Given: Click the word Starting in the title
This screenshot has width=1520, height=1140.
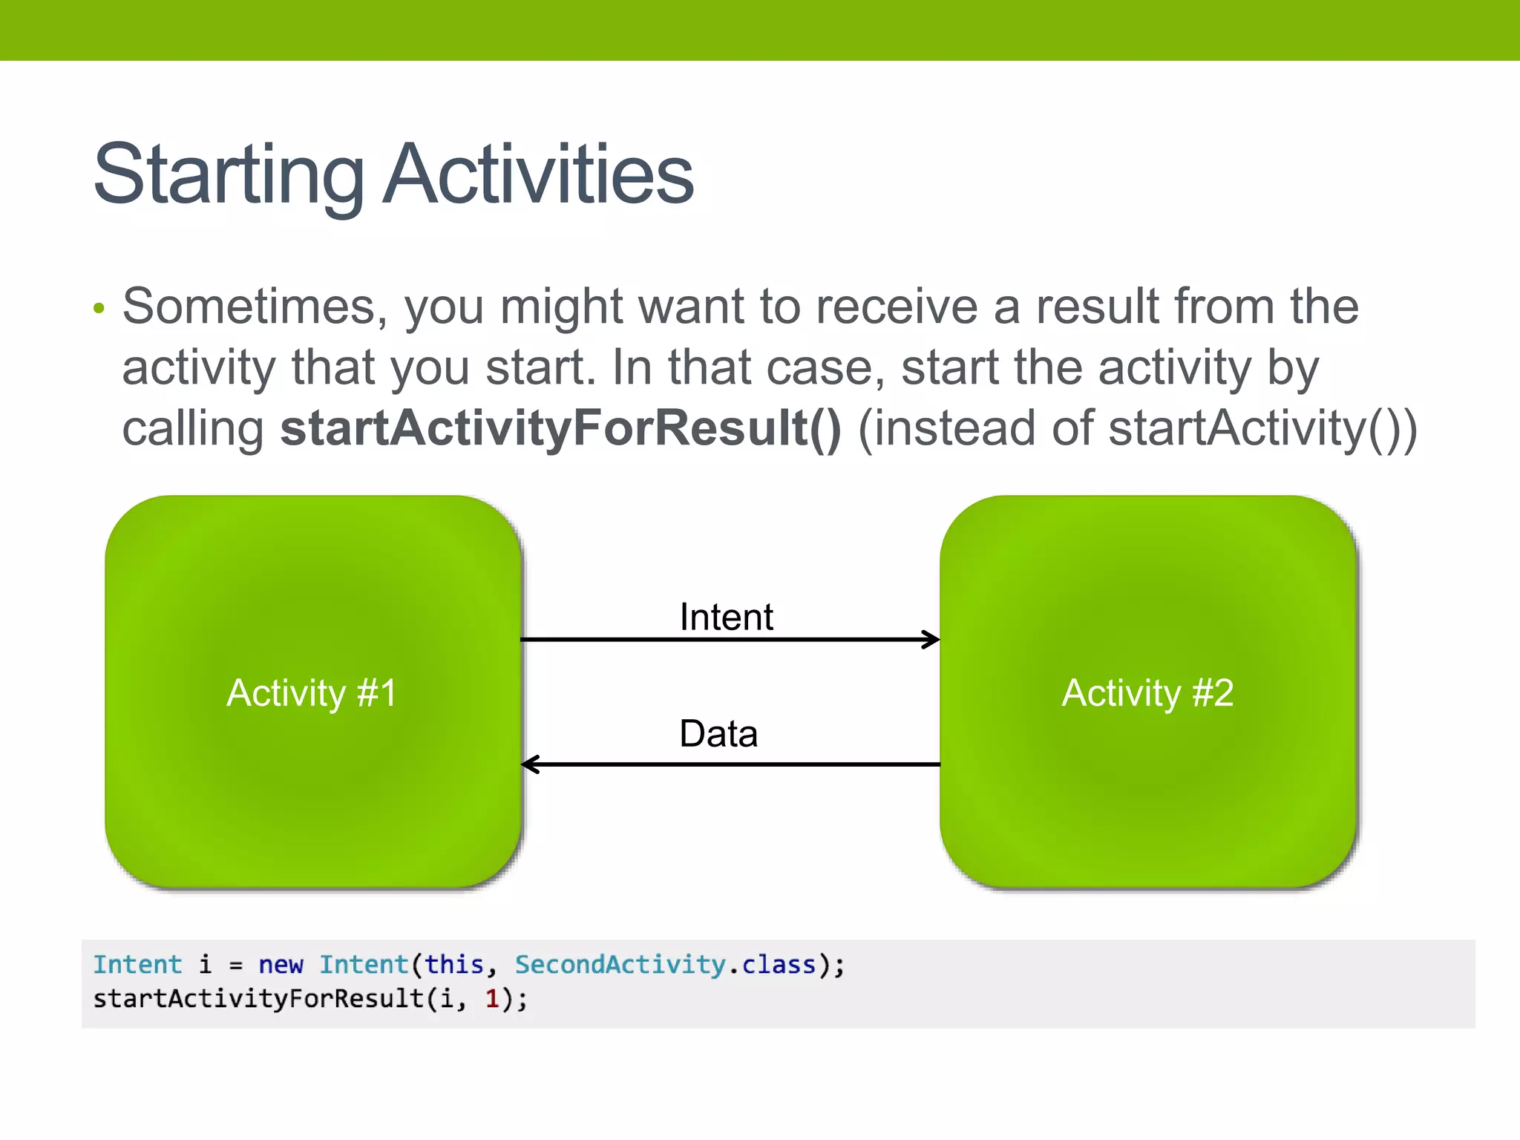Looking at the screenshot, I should click(228, 175).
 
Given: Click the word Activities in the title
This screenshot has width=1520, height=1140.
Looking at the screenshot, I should click(538, 175).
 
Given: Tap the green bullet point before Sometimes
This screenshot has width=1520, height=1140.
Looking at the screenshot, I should click(99, 308).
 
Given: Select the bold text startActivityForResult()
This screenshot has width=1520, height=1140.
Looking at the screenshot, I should click(560, 429).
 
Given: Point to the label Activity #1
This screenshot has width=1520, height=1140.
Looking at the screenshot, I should click(312, 693).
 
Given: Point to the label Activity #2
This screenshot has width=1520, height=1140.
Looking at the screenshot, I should click(1147, 693).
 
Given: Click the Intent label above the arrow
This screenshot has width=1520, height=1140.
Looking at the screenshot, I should click(726, 617).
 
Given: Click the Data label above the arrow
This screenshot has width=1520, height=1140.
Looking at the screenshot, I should click(718, 734).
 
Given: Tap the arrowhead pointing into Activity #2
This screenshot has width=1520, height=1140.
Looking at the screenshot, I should click(931, 640).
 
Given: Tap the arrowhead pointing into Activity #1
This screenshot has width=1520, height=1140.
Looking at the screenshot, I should click(530, 764).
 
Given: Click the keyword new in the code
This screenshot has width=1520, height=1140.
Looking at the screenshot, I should click(281, 965).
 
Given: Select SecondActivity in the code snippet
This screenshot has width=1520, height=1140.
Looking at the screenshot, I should click(620, 965).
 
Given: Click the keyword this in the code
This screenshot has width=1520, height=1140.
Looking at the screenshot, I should click(453, 965).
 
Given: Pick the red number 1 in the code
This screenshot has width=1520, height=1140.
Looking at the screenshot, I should click(492, 999).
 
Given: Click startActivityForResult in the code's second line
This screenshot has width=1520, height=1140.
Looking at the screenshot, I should click(258, 999).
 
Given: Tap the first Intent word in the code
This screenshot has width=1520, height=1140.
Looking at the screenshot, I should click(137, 965).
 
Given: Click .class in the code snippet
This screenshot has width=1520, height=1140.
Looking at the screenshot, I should click(772, 965).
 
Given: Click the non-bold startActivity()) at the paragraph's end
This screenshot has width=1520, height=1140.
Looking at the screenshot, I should click(1262, 429).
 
